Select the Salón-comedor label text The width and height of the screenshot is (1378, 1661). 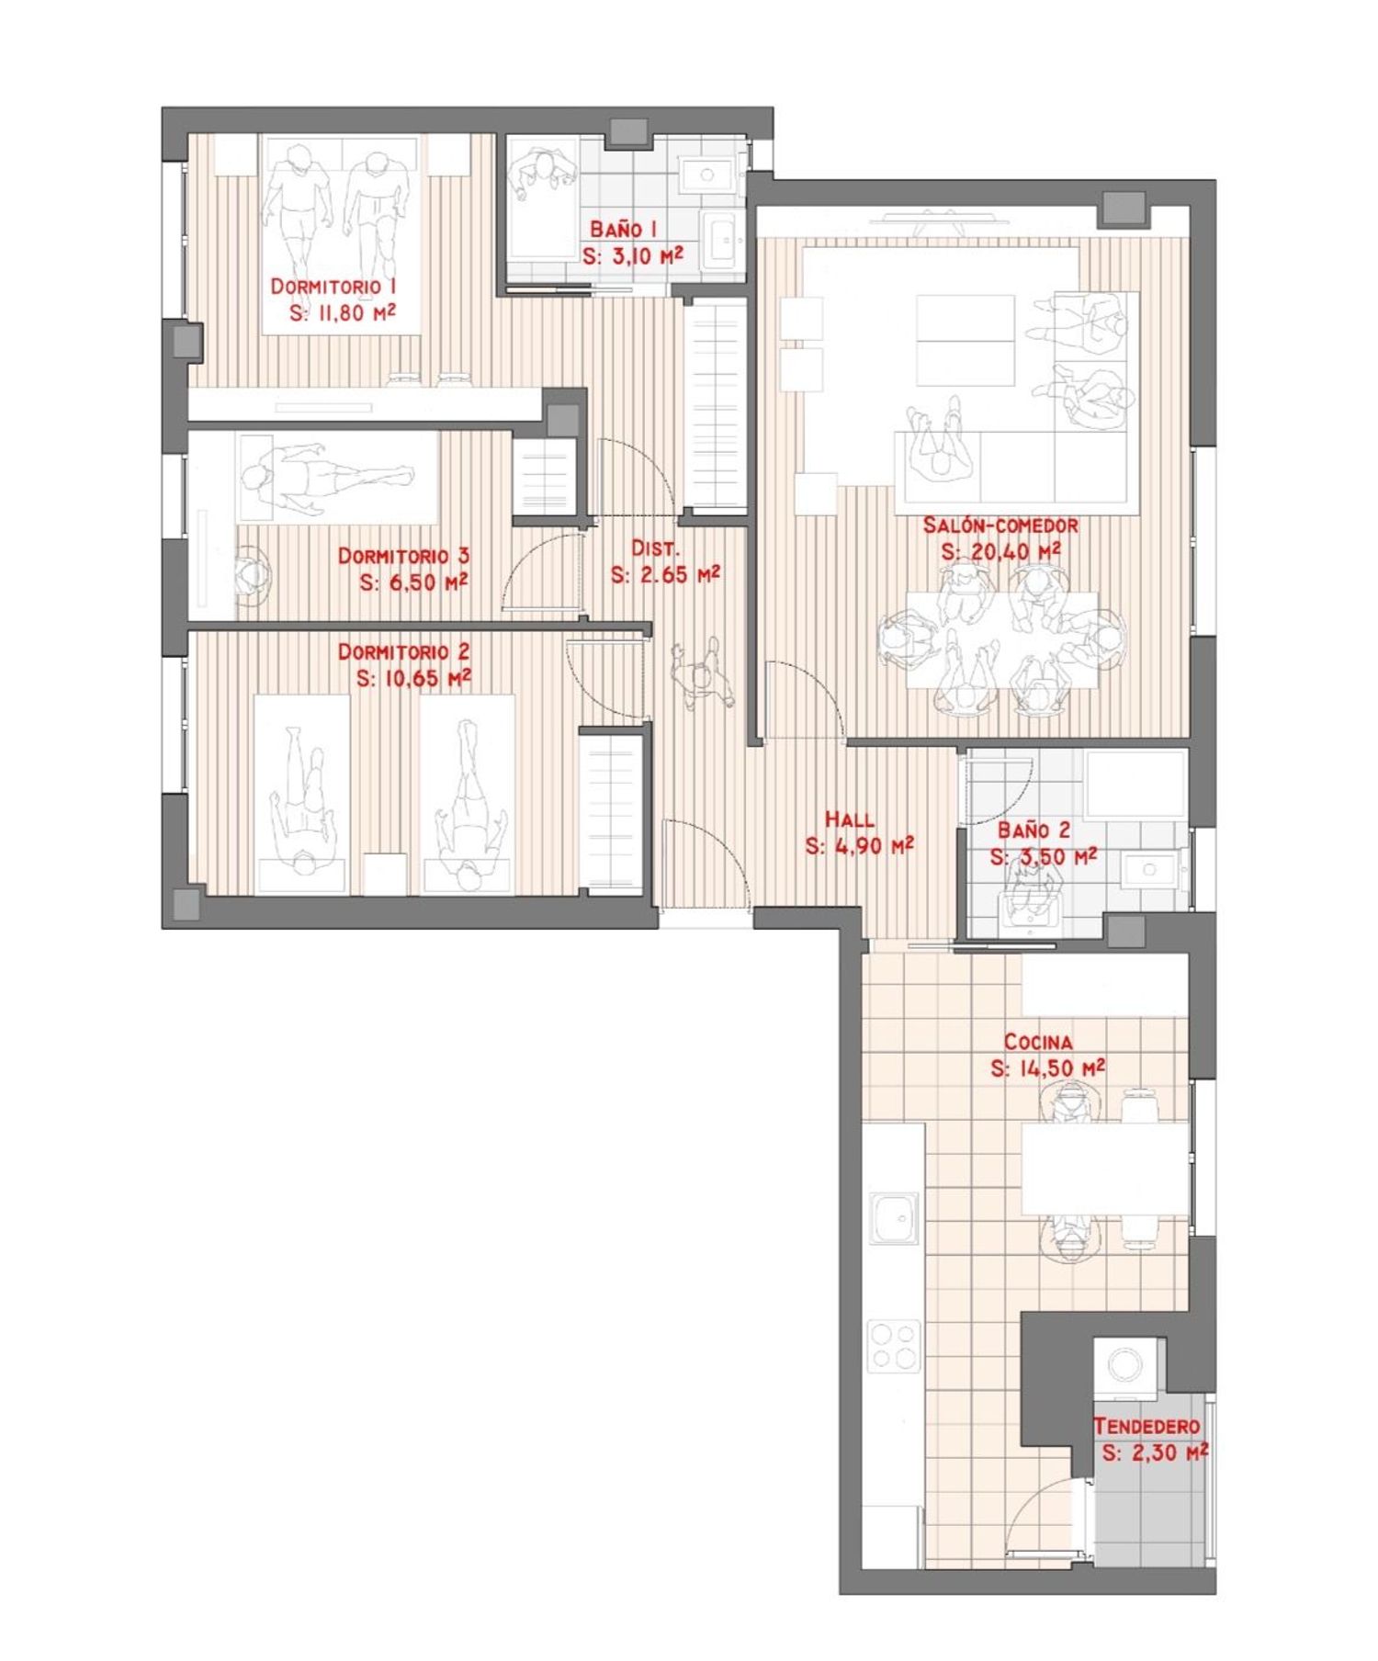click(x=1000, y=525)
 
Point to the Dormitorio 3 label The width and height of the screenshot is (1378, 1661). click(x=403, y=556)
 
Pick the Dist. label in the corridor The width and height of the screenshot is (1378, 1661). click(x=655, y=548)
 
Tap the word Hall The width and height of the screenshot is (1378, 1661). click(x=850, y=819)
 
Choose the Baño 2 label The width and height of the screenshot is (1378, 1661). click(x=1033, y=830)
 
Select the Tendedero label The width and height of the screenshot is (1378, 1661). click(x=1146, y=1427)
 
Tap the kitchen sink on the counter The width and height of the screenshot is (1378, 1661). click(x=894, y=1218)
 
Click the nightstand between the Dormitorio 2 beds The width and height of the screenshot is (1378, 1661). click(x=384, y=874)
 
